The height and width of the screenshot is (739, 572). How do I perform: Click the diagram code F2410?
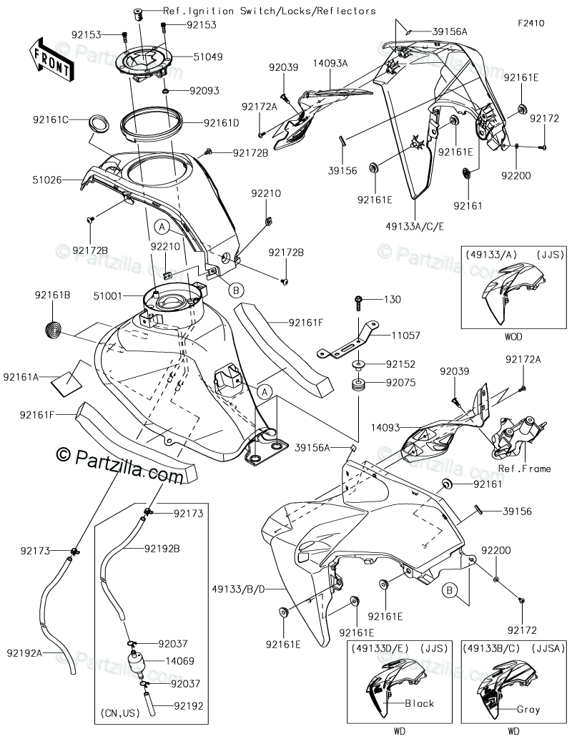click(531, 23)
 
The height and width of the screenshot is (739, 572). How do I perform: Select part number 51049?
click(208, 56)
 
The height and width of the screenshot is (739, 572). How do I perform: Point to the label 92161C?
click(49, 119)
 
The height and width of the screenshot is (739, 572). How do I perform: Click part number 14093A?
click(330, 64)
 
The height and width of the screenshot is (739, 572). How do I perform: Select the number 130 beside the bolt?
click(393, 300)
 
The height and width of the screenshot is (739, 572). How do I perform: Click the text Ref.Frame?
click(526, 469)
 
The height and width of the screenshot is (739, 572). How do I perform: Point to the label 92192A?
click(24, 652)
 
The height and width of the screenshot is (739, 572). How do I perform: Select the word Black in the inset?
click(420, 703)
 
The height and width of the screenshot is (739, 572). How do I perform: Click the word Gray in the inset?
click(529, 710)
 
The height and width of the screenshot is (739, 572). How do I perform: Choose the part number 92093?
click(204, 91)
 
